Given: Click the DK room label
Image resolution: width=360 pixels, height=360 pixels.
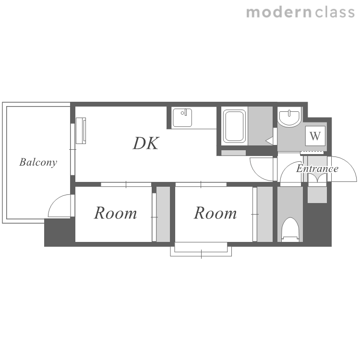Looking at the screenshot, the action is click(146, 144).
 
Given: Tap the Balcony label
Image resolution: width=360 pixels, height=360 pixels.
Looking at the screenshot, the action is click(38, 162).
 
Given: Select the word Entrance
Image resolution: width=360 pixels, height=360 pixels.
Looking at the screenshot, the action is click(317, 169).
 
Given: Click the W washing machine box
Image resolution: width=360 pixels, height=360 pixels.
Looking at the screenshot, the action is click(315, 136).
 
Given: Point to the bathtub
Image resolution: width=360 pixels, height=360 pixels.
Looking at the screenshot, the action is click(234, 126).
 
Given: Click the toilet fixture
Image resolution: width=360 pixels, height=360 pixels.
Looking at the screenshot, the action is click(290, 229).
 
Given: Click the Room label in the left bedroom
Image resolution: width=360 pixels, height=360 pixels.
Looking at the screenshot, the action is click(116, 213).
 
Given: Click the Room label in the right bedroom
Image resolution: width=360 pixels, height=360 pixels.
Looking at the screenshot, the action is click(215, 213).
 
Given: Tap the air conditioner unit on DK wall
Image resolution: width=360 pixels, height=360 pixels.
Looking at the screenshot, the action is click(81, 131).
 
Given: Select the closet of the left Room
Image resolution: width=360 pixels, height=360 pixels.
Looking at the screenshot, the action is click(163, 214).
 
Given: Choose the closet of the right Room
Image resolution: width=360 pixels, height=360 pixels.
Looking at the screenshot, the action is click(264, 214).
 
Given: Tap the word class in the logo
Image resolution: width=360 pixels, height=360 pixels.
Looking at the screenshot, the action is click(335, 12).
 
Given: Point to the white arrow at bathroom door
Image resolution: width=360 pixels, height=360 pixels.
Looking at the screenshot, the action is click(269, 141).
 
